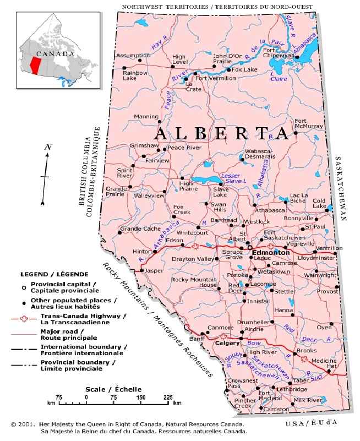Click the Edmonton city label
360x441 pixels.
pyautogui.click(x=270, y=252)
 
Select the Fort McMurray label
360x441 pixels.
pyautogui.click(x=308, y=123)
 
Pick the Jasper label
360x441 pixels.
pyautogui.click(x=154, y=271)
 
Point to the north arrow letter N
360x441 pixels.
pyautogui.click(x=48, y=147)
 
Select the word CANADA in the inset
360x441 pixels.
pyautogui.click(x=54, y=54)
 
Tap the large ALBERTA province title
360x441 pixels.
pyautogui.click(x=221, y=134)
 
